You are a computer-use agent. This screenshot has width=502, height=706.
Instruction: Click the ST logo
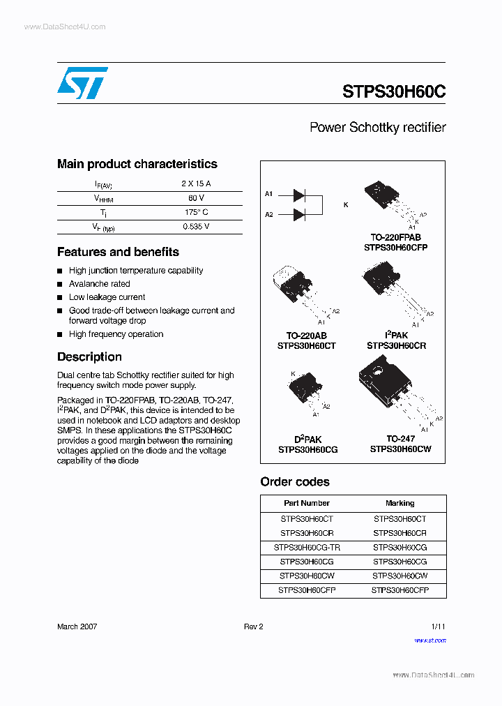[x=82, y=83]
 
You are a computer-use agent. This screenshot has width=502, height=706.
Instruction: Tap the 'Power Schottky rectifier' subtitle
[x=377, y=128]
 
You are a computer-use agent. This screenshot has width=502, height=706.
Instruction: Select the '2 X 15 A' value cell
[x=196, y=183]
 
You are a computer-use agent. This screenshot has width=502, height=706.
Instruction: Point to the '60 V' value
[x=196, y=198]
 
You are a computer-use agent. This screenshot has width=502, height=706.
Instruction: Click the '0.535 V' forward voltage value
[x=196, y=227]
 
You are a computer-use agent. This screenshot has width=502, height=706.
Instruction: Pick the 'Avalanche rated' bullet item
[x=100, y=284]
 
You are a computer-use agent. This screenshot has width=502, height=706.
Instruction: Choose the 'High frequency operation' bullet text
[x=116, y=334]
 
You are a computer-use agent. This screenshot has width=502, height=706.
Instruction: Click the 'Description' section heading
[x=89, y=356]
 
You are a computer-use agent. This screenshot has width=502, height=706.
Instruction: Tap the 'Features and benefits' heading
[x=118, y=252]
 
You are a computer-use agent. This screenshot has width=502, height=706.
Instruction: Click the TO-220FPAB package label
[x=395, y=237]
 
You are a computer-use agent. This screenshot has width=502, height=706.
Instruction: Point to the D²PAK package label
[x=307, y=440]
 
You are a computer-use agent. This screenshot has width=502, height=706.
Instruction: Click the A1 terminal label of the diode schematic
[x=269, y=193]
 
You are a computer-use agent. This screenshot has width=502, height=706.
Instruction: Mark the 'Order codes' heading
[x=295, y=481]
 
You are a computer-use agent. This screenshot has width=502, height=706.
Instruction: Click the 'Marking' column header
[x=400, y=503]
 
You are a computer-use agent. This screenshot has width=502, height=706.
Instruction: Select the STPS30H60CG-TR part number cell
[x=307, y=548]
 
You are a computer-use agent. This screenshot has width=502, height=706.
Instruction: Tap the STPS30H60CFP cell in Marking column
[x=400, y=590]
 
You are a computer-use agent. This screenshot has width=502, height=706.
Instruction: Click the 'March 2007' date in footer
[x=77, y=626]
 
